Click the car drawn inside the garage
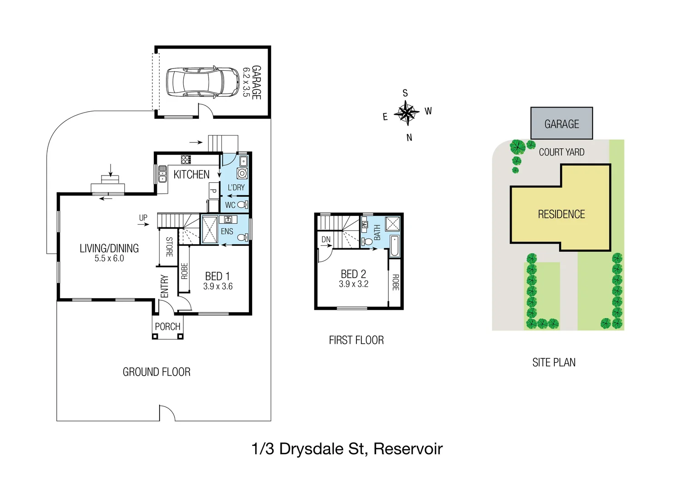(202, 82)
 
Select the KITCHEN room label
(191, 175)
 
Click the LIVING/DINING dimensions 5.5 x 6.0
(109, 259)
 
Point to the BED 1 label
(217, 276)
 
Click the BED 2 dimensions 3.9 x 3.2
(353, 284)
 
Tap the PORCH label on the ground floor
(167, 327)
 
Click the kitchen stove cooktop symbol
(186, 159)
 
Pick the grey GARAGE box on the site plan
(561, 123)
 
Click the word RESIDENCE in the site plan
(561, 214)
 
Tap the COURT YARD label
(561, 152)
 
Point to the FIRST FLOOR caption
(356, 340)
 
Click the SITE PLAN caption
(554, 363)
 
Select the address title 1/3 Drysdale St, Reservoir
(346, 449)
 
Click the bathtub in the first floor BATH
(395, 246)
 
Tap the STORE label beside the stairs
(169, 247)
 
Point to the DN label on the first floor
(326, 240)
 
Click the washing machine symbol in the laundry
(242, 173)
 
